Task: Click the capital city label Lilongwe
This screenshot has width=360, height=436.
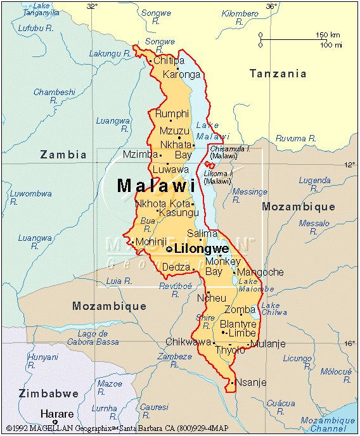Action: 201,248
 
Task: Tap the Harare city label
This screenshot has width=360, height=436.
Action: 57,414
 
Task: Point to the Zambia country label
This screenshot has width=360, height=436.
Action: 63,154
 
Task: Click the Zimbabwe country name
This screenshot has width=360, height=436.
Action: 48,394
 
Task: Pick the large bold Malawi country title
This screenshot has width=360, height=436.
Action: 156,186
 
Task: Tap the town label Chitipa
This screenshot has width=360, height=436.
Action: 169,61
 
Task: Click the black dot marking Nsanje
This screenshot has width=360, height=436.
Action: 233,382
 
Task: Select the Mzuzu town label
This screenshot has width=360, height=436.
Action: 174,131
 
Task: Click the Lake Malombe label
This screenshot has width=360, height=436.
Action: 256,285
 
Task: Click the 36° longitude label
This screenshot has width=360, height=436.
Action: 271,6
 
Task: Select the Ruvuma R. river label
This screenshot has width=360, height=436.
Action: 295,138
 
